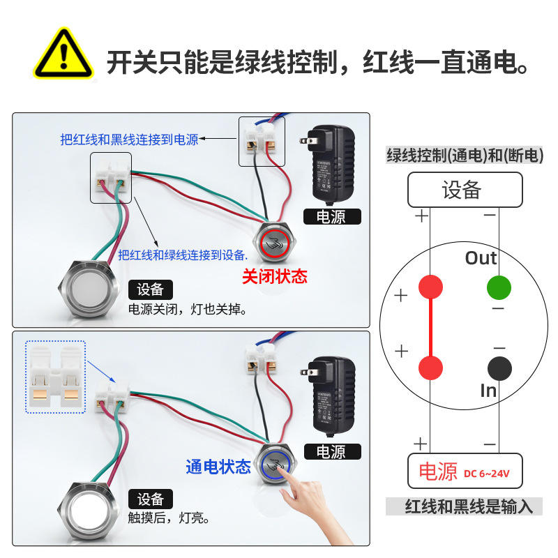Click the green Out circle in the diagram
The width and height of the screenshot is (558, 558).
pos(499,287)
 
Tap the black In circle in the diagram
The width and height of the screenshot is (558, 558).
pos(499,368)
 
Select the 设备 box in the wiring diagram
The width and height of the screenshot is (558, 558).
pos(465,189)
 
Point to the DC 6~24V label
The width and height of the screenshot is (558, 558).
pos(487,474)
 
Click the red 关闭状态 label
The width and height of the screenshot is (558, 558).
pos(274,277)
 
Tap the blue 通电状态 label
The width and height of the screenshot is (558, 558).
pos(218,467)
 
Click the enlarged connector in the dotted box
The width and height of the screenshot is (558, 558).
pos(55,377)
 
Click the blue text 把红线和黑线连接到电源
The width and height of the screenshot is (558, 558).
pos(129,139)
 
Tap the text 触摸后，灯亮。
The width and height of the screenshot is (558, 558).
pos(169,518)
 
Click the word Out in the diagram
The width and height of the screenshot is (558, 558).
pos(481,258)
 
